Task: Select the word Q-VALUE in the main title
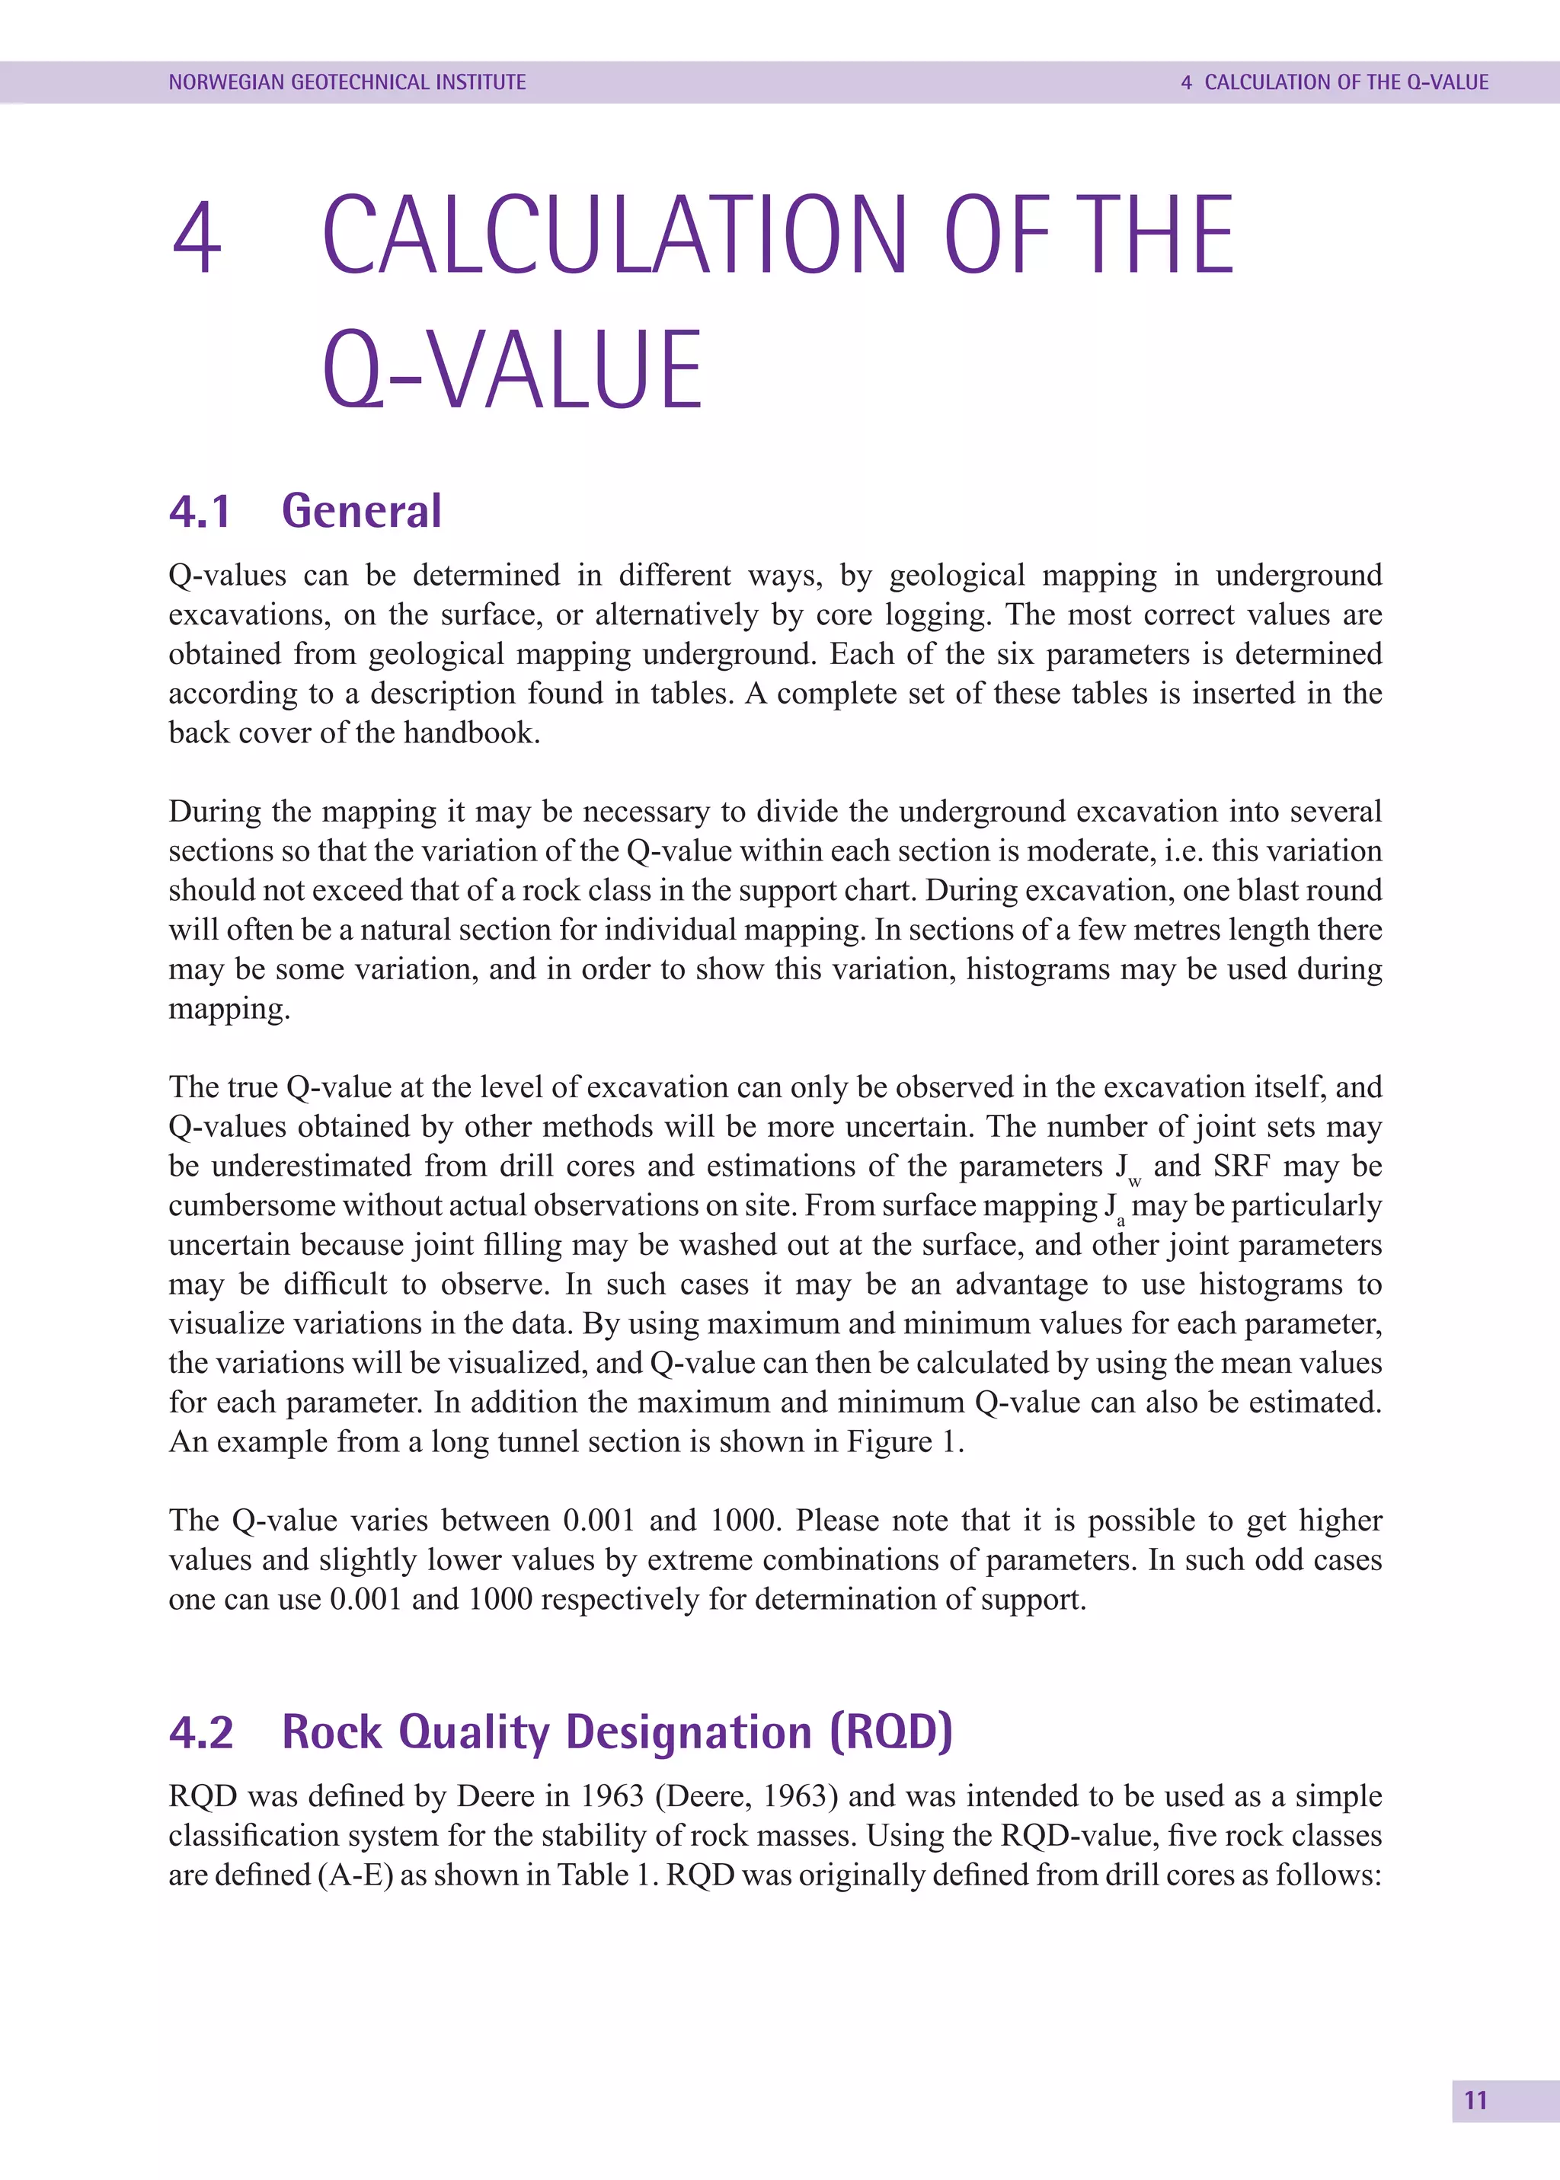point(512,370)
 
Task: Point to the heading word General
point(361,511)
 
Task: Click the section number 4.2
point(201,1732)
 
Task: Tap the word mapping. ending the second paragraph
point(229,1008)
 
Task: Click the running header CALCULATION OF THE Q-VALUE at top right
point(1346,82)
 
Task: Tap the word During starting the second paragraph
point(214,812)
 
